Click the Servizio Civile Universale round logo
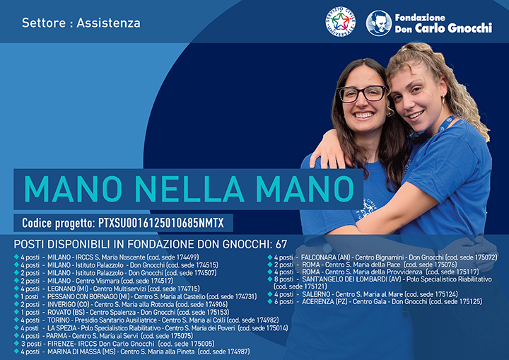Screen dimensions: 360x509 point(340,23)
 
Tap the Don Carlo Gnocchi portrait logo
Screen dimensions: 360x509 point(379,23)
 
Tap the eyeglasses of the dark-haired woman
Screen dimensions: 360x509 point(363,93)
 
